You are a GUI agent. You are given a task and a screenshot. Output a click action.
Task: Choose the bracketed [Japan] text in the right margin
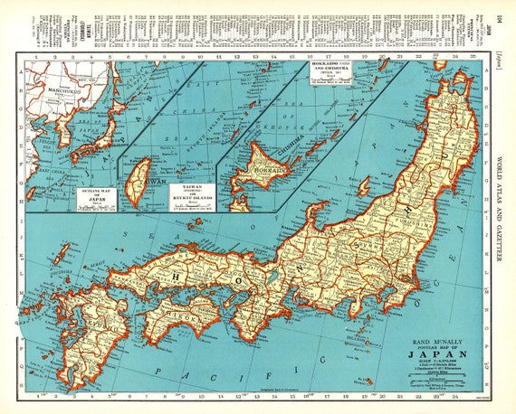coord(500,65)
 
